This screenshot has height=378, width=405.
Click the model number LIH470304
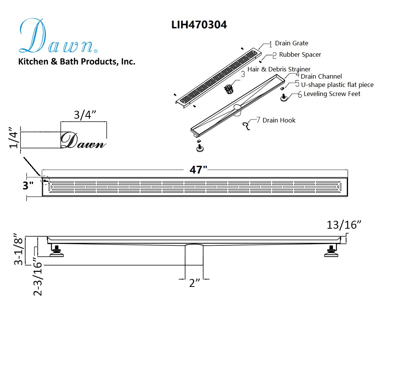(x=199, y=25)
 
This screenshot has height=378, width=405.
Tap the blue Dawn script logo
(x=59, y=36)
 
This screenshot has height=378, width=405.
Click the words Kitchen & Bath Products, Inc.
(x=77, y=62)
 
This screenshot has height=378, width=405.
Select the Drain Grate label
(x=292, y=43)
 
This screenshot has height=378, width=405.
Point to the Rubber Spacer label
(x=300, y=54)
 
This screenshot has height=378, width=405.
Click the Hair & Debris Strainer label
(x=279, y=69)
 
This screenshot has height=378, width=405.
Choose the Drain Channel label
(x=321, y=76)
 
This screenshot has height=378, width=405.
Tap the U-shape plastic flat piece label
(x=337, y=85)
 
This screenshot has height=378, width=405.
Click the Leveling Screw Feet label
(x=332, y=94)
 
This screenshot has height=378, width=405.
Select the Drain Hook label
(x=279, y=120)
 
